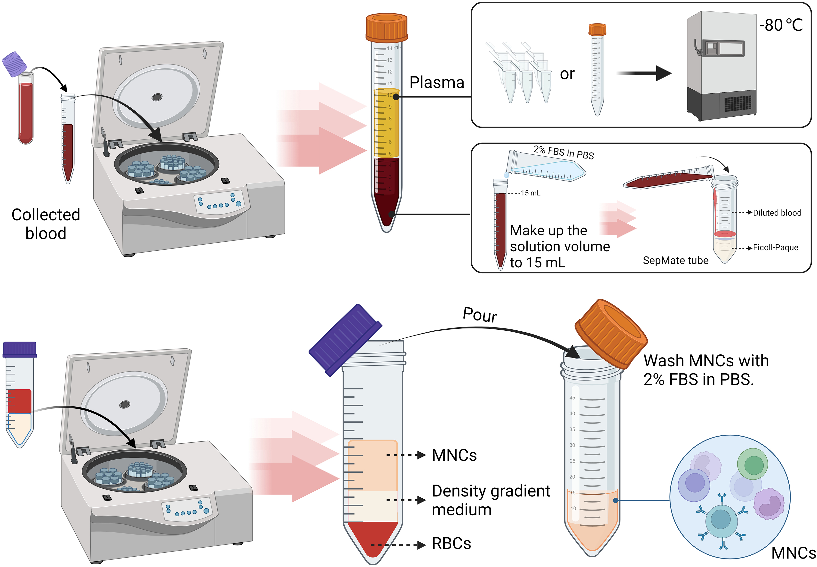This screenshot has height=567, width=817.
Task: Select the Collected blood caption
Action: pos(46,224)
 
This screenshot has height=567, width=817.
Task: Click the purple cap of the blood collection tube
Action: pos(14,64)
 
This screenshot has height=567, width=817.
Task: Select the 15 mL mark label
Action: pos(530,193)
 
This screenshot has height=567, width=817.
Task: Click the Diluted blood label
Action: pos(777,213)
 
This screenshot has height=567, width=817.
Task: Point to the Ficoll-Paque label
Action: pos(776,248)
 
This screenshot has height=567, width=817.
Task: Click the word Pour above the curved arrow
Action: pos(480,315)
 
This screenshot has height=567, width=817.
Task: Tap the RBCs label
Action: pos(451,543)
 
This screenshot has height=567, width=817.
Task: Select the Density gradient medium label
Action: pos(490,500)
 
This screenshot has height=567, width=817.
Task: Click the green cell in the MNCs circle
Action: pos(752,464)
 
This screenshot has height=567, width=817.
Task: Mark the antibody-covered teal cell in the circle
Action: pos(721,519)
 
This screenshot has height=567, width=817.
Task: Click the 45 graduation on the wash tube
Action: pos(572,398)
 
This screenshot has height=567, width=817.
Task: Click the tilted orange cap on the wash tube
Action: pos(611,334)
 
